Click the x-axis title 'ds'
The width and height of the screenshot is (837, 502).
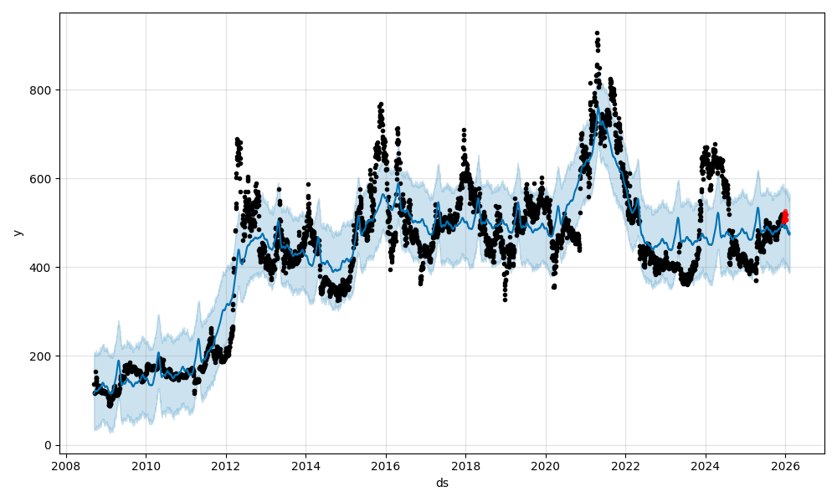(442, 483)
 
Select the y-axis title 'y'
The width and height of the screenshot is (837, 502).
(17, 233)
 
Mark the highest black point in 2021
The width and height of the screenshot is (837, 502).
(597, 33)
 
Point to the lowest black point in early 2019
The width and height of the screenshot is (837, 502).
(505, 299)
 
